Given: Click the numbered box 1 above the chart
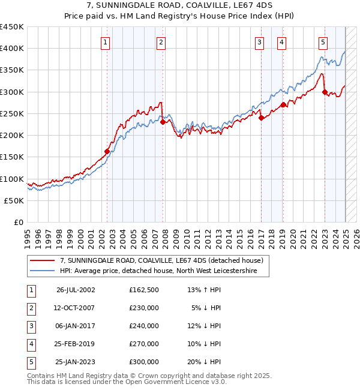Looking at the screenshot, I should pos(106,42).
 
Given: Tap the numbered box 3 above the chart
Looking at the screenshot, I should pos(259,42).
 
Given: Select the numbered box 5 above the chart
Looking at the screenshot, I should pos(323,42).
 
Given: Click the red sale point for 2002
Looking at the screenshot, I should pos(107,152).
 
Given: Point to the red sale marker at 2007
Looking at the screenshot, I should pos(163,122).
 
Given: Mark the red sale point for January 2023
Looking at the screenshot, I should pos(325,92).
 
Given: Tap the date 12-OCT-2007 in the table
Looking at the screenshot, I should pos(76,308).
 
